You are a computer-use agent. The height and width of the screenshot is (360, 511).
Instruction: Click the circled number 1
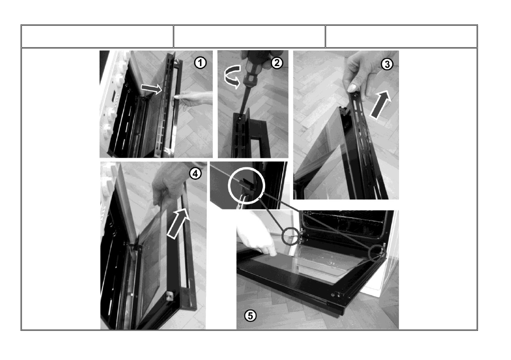click(x=200, y=62)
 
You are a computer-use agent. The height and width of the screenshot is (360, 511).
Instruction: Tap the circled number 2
click(x=277, y=62)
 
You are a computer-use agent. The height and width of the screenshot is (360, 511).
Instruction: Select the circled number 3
click(x=387, y=64)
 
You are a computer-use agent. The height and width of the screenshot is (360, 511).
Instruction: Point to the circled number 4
click(x=195, y=173)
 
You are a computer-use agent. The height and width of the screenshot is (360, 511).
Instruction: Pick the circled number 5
click(x=250, y=315)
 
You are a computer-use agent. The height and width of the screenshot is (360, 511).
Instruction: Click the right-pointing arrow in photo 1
click(x=151, y=88)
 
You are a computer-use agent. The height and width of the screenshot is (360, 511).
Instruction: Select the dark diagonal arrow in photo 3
click(x=381, y=105)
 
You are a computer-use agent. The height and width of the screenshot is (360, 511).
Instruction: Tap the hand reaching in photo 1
click(x=194, y=98)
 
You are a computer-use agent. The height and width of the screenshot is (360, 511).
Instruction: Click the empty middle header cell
click(x=249, y=36)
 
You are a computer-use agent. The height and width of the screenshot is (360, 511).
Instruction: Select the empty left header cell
click(x=97, y=36)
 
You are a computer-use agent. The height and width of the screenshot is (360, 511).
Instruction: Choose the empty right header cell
click(x=401, y=36)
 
